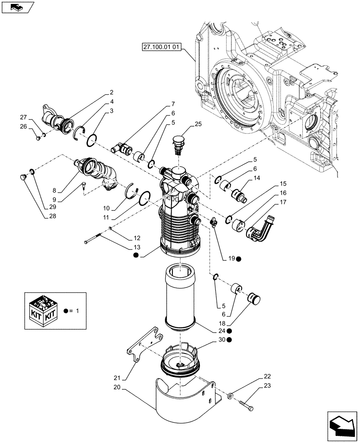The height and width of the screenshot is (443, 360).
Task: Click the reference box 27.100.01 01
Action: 162,46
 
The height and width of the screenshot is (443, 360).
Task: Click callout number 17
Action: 282,202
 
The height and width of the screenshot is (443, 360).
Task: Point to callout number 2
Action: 111,93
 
